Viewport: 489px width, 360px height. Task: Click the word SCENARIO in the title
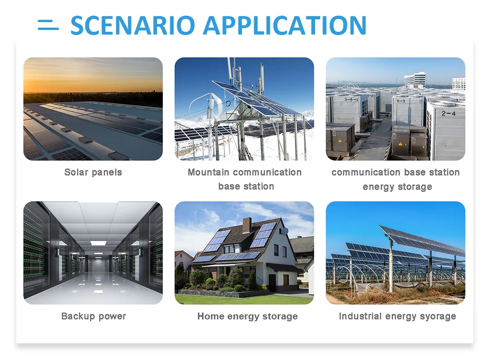tap(133, 25)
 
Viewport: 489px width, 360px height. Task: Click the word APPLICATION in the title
tap(285, 25)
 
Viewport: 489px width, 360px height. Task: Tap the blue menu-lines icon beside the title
tap(48, 25)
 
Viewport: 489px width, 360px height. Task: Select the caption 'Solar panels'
tap(93, 172)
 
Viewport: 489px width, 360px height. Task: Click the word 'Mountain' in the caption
tap(209, 172)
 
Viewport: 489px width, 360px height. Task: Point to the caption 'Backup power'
tap(94, 316)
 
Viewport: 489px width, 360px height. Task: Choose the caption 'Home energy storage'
tap(248, 316)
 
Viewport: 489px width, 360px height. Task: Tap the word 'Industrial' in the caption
tap(360, 316)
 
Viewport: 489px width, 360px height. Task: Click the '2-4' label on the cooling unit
tap(448, 113)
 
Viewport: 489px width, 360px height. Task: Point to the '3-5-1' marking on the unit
tap(351, 100)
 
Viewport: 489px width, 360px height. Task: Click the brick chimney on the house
tap(247, 225)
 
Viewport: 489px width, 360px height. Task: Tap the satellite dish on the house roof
tap(285, 231)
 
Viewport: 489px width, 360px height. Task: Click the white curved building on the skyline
tap(415, 80)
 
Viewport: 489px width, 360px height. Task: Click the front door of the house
tap(272, 283)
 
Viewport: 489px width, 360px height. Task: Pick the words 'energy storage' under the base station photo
tap(397, 187)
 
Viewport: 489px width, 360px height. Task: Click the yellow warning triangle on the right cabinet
tap(400, 144)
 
